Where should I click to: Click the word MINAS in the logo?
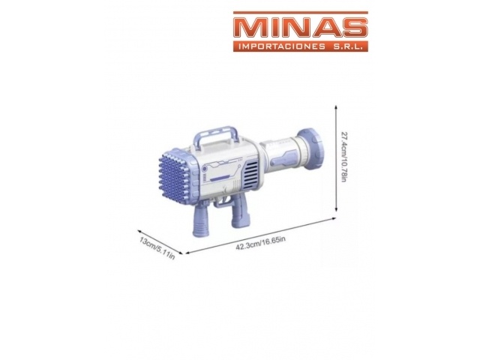coord(301,28)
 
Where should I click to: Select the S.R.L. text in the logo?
coord(347,46)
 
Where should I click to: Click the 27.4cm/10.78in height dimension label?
coord(343,157)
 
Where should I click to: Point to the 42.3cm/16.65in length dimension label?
coord(261,243)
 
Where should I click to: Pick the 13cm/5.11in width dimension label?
coord(157,248)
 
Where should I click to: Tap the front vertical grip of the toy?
coord(200,219)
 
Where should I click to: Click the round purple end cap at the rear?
coord(310,148)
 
